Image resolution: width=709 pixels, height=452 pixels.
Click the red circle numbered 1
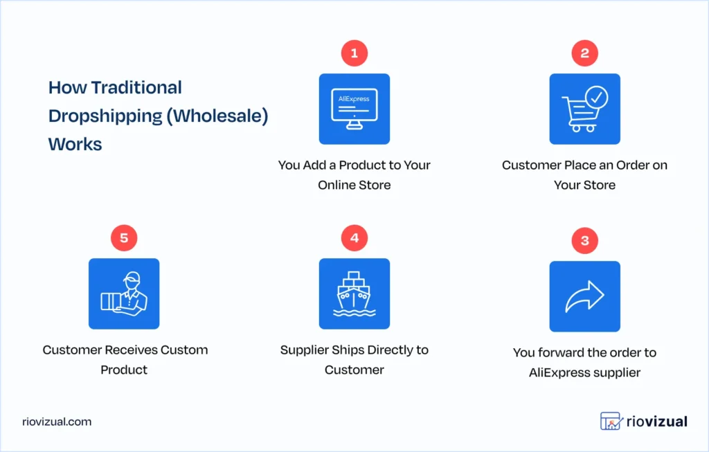(354, 53)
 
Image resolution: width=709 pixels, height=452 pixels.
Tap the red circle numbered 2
(584, 53)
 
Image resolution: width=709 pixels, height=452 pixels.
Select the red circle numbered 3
(584, 241)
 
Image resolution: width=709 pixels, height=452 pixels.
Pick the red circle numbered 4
(354, 238)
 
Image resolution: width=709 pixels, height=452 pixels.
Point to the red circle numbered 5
(124, 238)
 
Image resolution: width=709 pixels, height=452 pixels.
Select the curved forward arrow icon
(584, 296)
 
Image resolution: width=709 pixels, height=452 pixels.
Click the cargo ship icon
(354, 293)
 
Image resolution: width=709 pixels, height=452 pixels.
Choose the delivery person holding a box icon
(124, 293)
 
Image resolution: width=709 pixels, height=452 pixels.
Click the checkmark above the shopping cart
(595, 97)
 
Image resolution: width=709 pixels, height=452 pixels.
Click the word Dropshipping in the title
(104, 116)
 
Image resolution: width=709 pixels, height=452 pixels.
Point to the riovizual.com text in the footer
(56, 422)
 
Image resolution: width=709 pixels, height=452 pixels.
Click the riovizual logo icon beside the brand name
(610, 421)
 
